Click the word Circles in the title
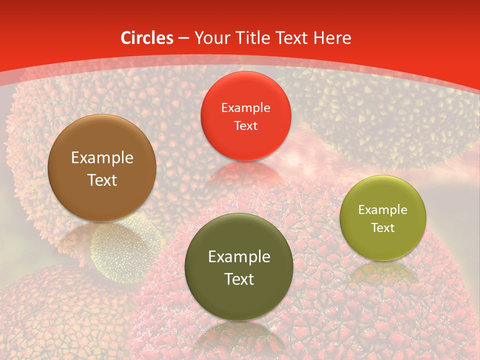click(x=147, y=38)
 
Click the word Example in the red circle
click(x=245, y=108)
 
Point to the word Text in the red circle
click(x=245, y=126)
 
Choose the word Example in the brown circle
click(x=102, y=158)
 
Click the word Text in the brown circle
click(x=102, y=180)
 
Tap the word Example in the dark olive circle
click(x=239, y=257)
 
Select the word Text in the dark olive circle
click(x=239, y=279)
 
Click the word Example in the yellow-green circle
click(x=382, y=210)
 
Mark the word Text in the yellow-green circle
click(x=382, y=228)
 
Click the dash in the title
click(x=183, y=38)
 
